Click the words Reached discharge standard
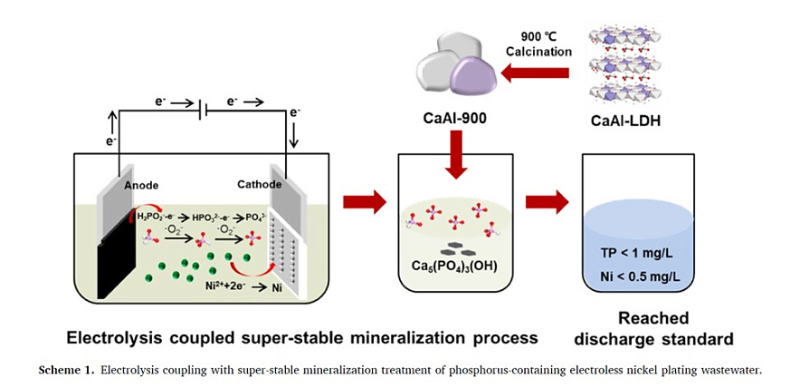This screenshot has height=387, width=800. [653, 328]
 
